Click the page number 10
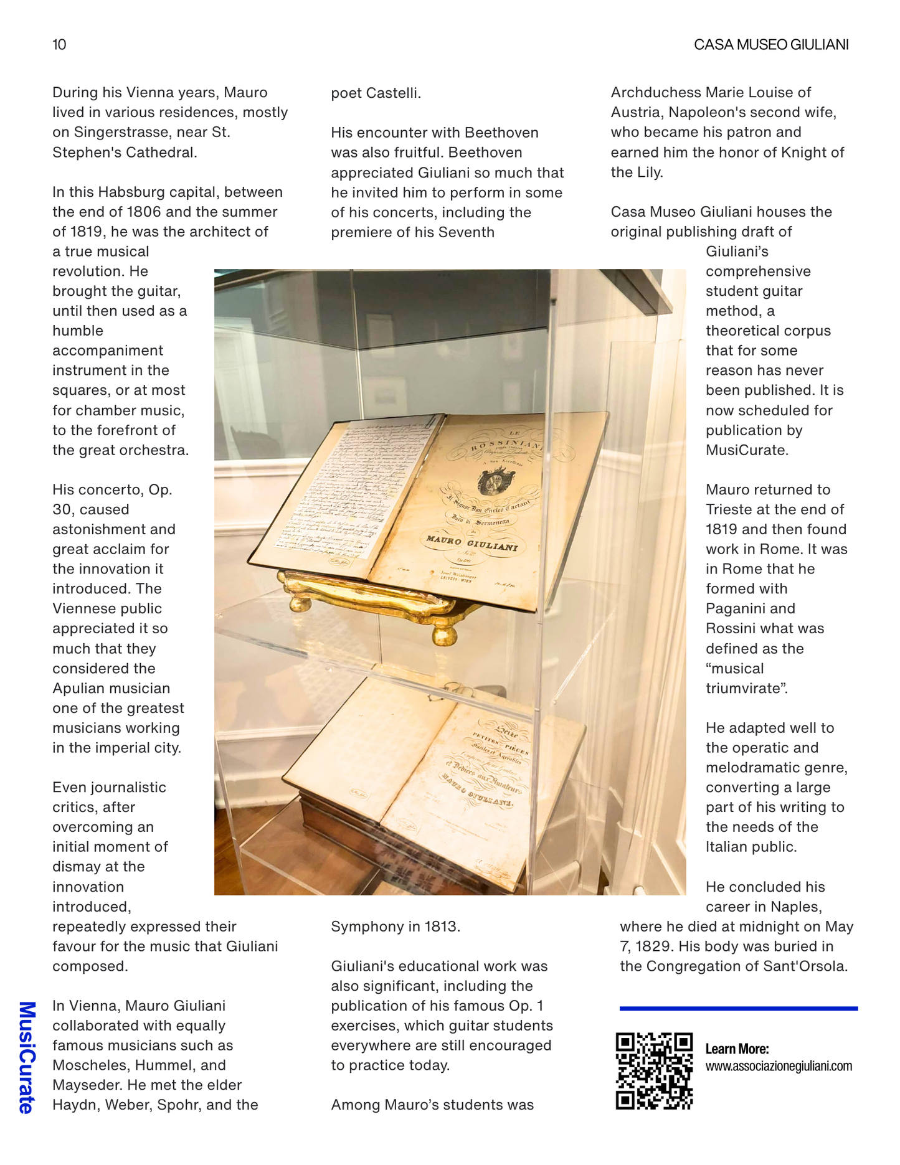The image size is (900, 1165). click(59, 45)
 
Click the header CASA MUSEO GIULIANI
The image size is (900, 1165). click(771, 45)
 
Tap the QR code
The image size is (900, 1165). click(654, 1070)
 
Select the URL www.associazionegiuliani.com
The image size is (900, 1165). click(779, 1066)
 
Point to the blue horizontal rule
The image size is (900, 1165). click(738, 1008)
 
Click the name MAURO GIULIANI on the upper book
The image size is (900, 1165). click(471, 543)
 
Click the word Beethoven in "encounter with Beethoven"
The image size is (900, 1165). click(501, 133)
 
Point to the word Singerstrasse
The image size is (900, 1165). click(118, 132)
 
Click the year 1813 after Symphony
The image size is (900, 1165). click(441, 927)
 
